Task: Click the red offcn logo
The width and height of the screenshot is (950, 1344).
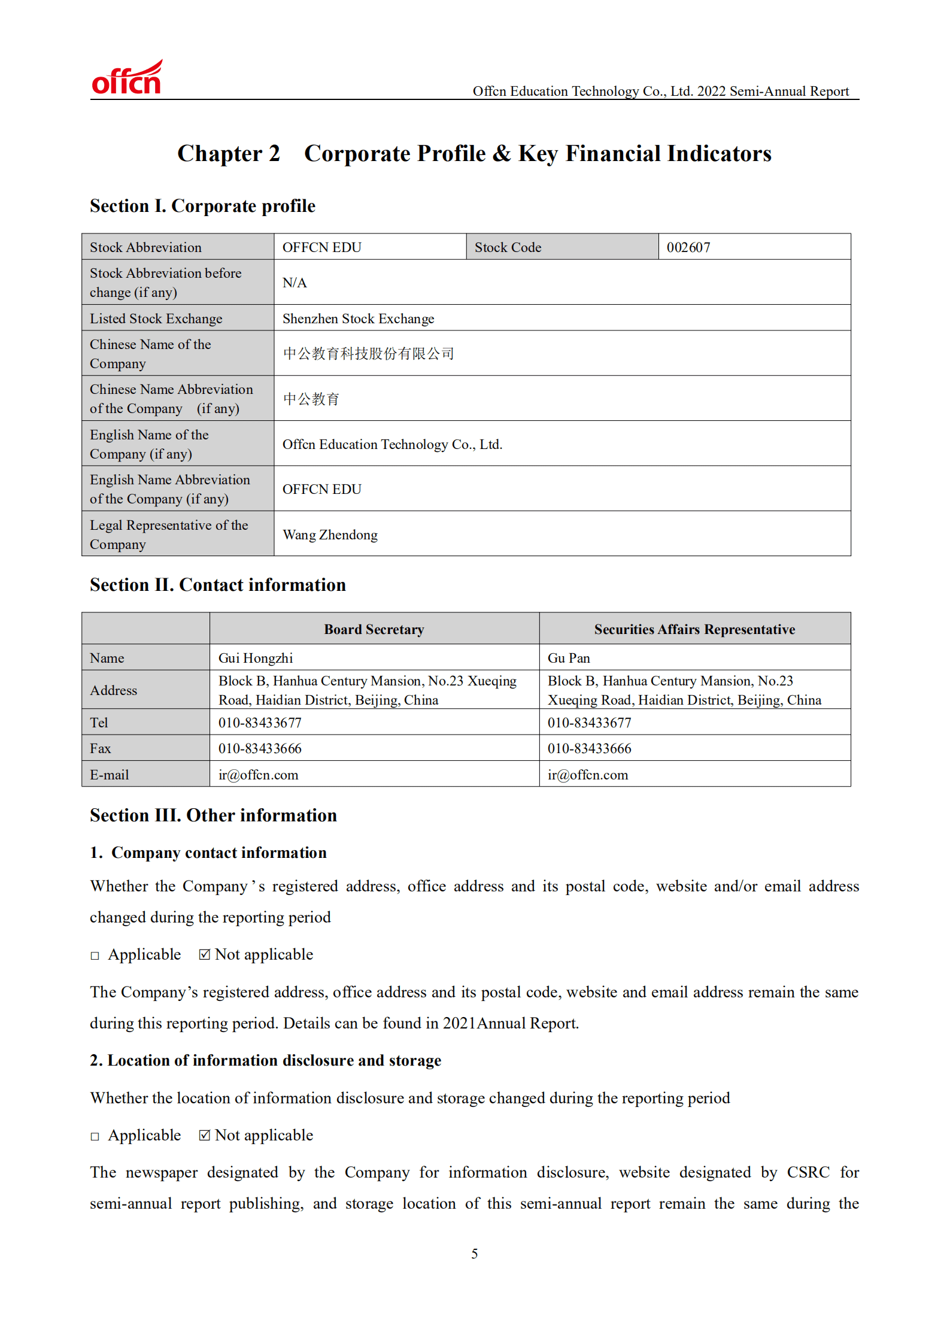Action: point(126,78)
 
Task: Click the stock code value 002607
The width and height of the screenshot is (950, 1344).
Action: point(688,247)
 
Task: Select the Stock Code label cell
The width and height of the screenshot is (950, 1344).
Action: point(508,247)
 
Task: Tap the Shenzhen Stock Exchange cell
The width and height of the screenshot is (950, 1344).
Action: point(358,318)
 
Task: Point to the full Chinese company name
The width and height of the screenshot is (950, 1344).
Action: point(368,354)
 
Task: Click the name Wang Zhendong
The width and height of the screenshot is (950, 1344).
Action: point(330,535)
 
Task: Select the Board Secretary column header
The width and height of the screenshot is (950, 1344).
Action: point(374,629)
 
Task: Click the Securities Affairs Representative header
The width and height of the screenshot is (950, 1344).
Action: point(694,629)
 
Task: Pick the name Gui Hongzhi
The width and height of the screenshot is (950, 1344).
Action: point(256,658)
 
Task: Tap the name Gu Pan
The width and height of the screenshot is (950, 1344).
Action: point(569,658)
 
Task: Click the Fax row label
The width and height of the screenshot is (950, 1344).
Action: point(101,748)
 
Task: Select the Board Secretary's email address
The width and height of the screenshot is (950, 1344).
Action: point(258,775)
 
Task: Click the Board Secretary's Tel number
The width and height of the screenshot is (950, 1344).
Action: point(260,723)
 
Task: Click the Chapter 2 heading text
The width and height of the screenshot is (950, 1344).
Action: point(228,154)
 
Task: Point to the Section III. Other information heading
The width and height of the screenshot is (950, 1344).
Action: point(213,815)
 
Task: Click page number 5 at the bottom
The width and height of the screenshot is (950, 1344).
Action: point(474,1254)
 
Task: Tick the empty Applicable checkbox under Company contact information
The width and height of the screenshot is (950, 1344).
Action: point(95,955)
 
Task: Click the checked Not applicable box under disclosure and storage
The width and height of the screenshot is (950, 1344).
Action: point(205,1135)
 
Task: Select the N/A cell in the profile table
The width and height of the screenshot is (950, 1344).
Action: point(295,283)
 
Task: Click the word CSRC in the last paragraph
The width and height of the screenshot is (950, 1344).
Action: point(808,1172)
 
